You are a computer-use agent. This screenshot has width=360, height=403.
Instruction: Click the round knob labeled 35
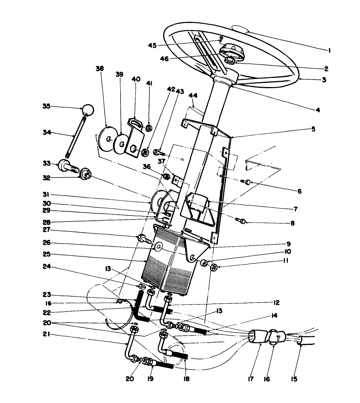[x=88, y=109]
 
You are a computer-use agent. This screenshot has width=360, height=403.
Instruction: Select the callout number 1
[x=329, y=51]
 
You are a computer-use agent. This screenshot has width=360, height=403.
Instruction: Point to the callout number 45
[x=152, y=46]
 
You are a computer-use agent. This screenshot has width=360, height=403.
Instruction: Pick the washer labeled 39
[x=121, y=143]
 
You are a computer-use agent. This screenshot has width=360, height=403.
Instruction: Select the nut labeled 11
[x=213, y=267]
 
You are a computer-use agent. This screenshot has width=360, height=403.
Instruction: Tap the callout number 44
[x=193, y=96]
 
